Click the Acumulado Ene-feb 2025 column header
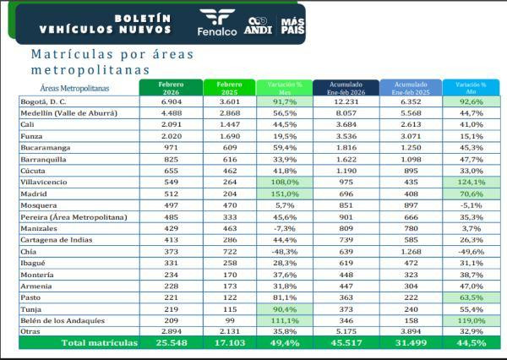coord(411,88)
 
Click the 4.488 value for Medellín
coord(172,113)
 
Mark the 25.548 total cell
coord(172,344)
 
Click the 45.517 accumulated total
coord(348,344)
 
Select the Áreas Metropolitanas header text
coord(74,88)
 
